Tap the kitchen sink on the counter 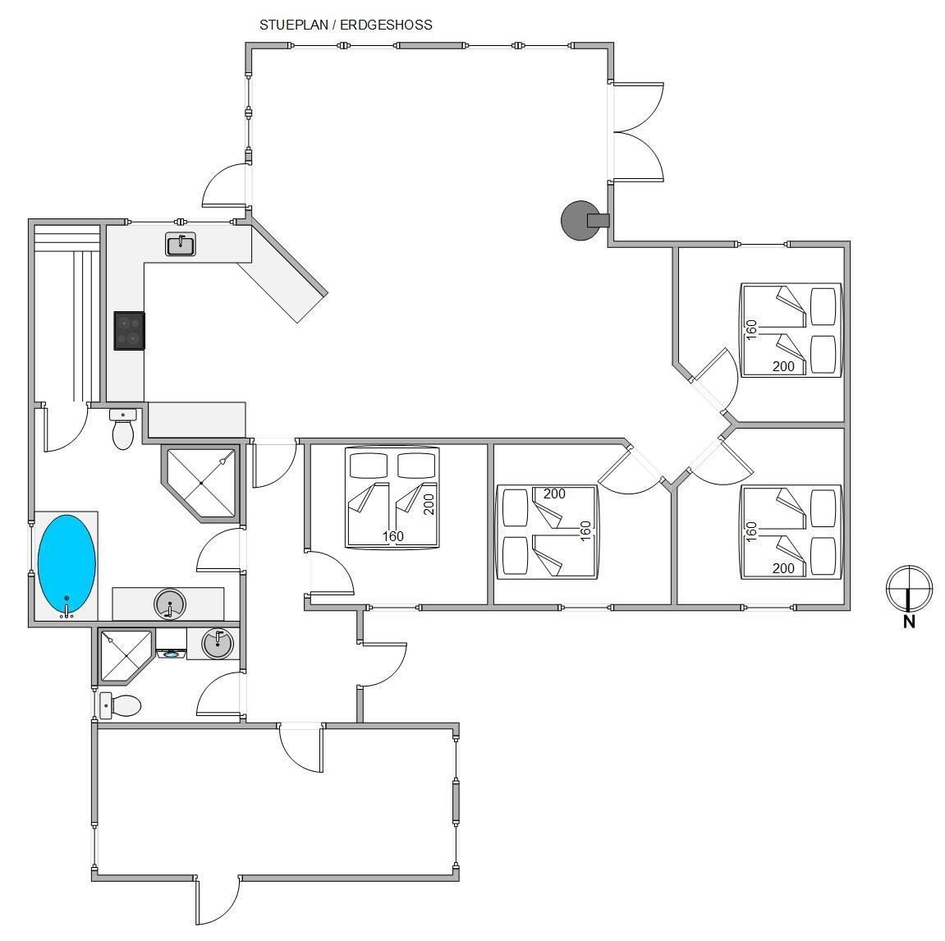coord(180,244)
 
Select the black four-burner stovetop coord(130,330)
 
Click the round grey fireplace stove coord(580,221)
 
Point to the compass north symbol coord(909,589)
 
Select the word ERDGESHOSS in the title coord(387,25)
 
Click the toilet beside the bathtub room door coord(123,429)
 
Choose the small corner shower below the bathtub coord(126,656)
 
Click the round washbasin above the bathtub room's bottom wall coord(169,604)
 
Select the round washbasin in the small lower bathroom coord(217,644)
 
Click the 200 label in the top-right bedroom coord(783,366)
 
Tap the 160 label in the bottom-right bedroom coord(751,532)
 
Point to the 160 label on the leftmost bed coord(392,536)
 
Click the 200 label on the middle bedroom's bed coord(554,493)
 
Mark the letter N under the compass coord(910,622)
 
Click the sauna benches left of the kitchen coord(67,313)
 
